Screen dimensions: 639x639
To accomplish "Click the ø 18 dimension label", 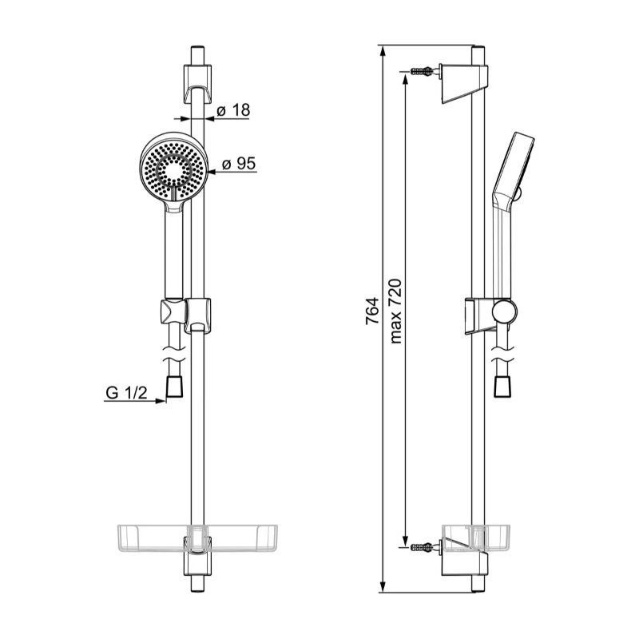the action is [x=233, y=110].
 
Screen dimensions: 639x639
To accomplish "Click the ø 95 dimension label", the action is [x=239, y=164].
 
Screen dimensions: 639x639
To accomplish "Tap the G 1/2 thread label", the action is [x=126, y=393].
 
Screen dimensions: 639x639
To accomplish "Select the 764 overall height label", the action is [x=371, y=312].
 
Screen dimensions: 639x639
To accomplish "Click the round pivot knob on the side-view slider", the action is [x=505, y=312].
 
